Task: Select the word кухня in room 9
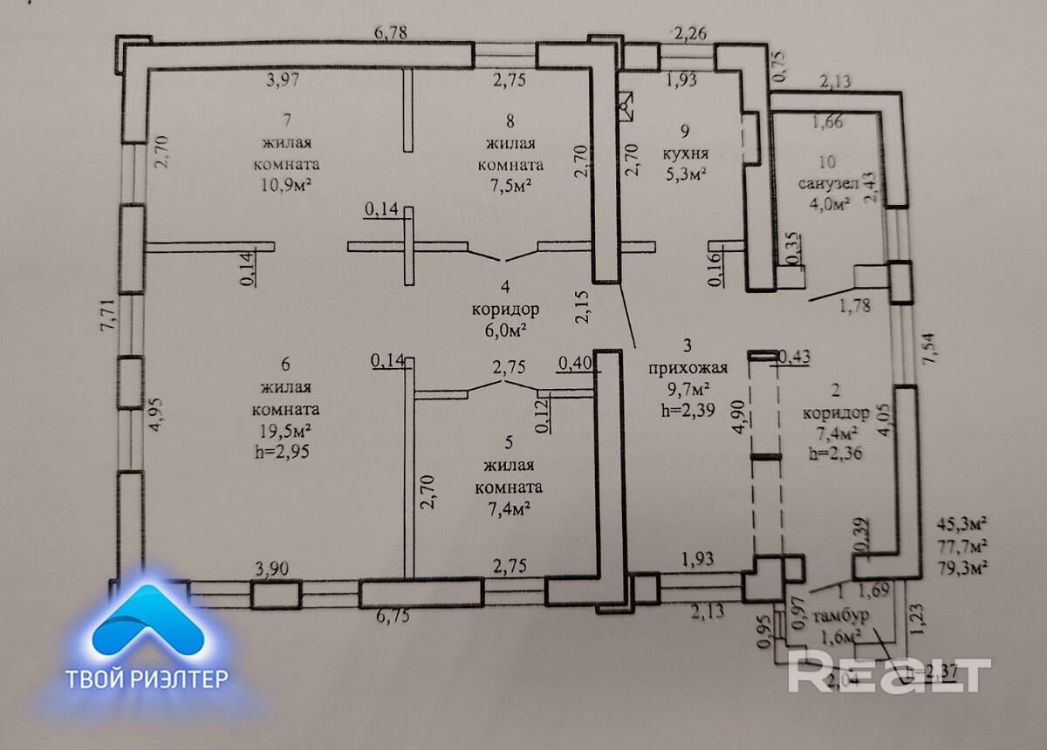[x=684, y=153]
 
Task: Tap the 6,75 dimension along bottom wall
[x=393, y=617]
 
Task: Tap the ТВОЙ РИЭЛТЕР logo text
[x=147, y=678]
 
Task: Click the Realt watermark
[x=890, y=673]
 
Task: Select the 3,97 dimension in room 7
[x=283, y=81]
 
